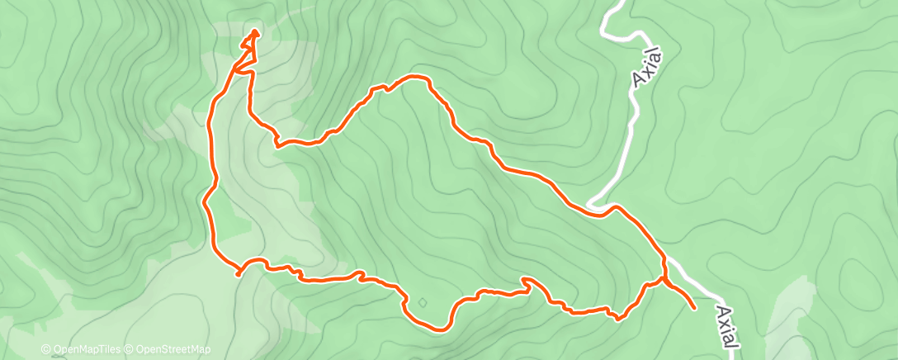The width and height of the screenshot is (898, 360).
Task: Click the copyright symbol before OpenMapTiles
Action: coord(47,350)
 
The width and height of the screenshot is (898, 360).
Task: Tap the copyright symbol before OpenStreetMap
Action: coord(130,350)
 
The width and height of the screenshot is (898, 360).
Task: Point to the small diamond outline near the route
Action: coord(423,302)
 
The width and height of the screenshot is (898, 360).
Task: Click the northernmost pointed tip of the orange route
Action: coord(254,32)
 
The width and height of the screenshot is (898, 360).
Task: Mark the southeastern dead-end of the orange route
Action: coord(694,308)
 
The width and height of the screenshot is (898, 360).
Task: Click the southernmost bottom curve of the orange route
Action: coord(437,329)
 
